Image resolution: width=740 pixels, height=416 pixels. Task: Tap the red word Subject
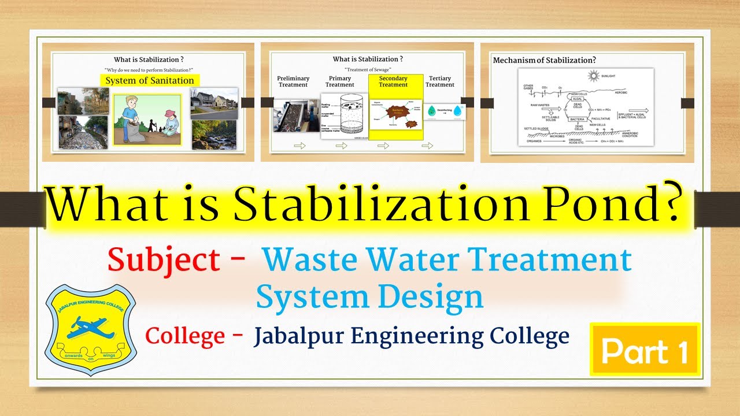click(x=164, y=261)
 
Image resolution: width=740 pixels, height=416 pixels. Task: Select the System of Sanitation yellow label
click(x=149, y=80)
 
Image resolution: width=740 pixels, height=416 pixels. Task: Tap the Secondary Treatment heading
click(x=393, y=81)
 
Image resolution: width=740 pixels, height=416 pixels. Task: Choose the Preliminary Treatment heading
click(x=293, y=81)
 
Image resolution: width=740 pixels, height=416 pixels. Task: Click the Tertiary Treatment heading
click(x=440, y=81)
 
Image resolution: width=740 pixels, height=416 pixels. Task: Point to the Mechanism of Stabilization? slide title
click(x=544, y=60)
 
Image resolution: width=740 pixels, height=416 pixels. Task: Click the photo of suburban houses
click(x=214, y=103)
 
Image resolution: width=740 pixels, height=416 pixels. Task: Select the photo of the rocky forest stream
click(x=214, y=135)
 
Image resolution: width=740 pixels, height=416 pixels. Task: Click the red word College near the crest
click(x=185, y=335)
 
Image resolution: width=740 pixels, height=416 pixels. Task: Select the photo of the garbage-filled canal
click(x=83, y=133)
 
